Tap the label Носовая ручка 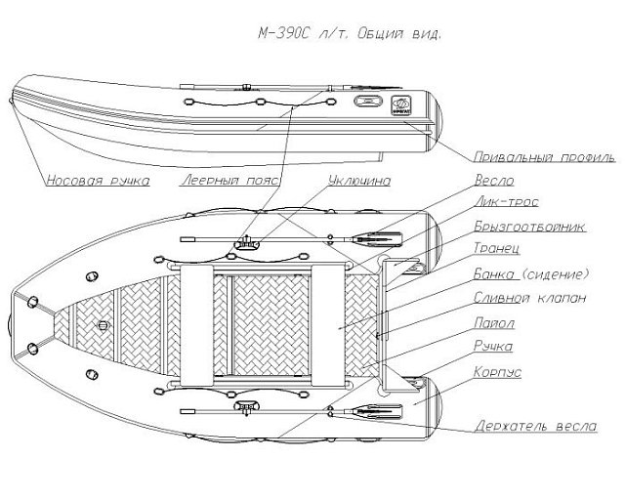96,181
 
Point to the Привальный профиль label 543,156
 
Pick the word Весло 493,181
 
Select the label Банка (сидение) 530,273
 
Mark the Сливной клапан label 529,298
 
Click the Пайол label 494,322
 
